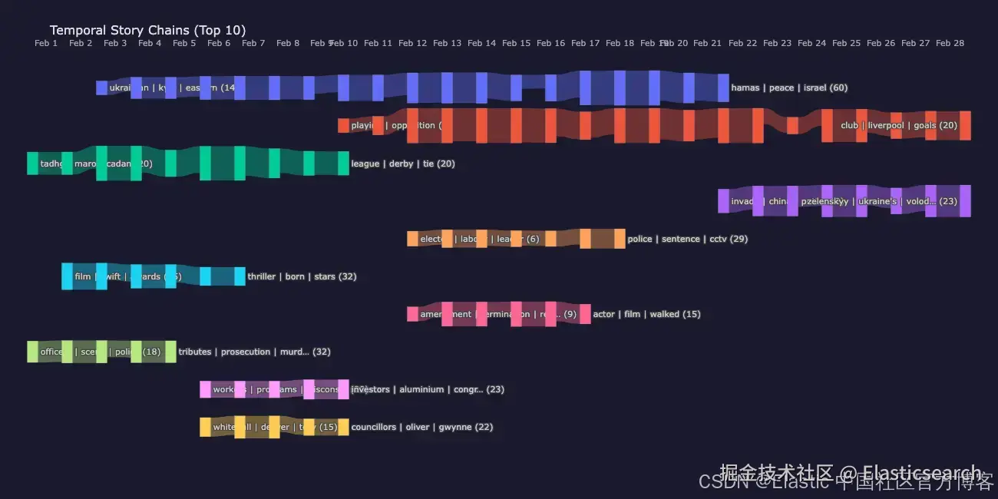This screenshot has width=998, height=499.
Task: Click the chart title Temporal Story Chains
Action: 147,31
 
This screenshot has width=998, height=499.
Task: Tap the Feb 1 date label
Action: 46,44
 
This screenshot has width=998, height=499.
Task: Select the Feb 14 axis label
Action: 481,44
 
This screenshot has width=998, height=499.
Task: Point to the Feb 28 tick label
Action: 950,44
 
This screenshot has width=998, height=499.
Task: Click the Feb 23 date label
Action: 777,44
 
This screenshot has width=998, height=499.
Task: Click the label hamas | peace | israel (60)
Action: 789,88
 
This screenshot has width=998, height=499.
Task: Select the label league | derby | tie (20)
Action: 403,164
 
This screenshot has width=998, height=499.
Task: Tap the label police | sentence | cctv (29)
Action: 687,239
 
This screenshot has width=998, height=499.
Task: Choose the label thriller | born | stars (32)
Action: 302,276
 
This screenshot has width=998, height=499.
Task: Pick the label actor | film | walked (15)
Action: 646,314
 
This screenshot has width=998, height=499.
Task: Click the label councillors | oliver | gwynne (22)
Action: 422,427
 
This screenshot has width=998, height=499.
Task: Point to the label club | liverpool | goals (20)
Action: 898,125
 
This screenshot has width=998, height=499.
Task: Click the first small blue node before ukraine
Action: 101,88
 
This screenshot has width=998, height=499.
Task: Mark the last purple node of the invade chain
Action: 965,200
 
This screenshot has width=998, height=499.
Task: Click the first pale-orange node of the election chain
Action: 412,239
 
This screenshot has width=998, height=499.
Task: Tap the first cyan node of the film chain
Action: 67,276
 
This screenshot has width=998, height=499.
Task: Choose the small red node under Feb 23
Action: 792,125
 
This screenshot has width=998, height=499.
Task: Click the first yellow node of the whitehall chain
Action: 205,427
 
